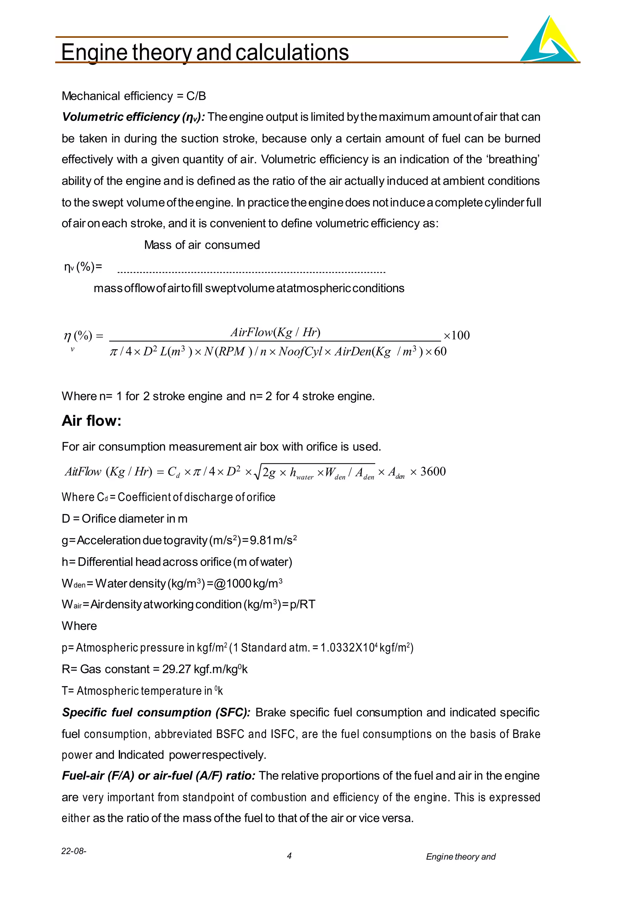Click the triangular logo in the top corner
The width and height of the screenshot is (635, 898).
click(549, 41)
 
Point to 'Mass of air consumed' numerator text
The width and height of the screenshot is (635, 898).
click(202, 245)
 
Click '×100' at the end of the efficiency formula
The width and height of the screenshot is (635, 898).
click(456, 335)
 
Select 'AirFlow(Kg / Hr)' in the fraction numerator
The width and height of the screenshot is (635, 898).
click(275, 332)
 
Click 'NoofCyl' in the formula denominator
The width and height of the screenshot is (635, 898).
click(300, 352)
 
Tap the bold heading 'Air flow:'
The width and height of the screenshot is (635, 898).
click(91, 421)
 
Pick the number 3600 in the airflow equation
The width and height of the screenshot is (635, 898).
click(433, 472)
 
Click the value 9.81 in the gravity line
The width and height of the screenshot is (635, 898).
click(260, 540)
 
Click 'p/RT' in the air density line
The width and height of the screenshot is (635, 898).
click(302, 605)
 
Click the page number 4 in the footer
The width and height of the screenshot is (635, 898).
click(289, 856)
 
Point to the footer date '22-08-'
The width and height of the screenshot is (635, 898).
click(74, 851)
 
